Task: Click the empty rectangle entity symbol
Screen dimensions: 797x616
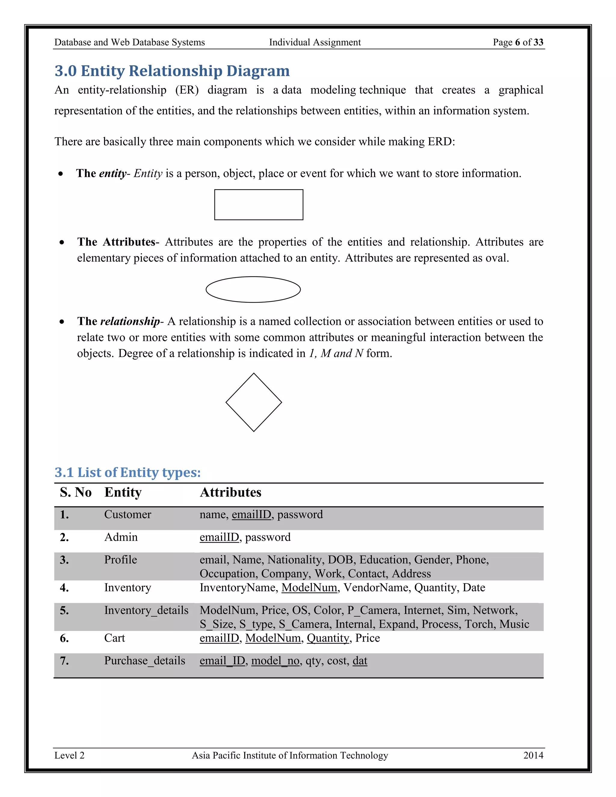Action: coord(258,205)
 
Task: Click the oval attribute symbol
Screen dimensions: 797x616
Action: coord(253,289)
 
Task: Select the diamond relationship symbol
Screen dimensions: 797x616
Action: coord(254,402)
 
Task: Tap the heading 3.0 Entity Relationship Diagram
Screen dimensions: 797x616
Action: coord(172,71)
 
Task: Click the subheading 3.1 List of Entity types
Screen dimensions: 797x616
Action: coord(128,472)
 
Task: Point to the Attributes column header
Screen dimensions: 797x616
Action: coord(230,492)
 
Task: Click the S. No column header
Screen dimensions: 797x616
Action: coord(75,492)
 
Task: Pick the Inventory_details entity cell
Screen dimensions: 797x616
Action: coord(146,611)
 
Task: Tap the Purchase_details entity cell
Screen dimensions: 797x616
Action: coord(144,661)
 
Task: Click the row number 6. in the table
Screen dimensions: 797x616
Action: coord(64,638)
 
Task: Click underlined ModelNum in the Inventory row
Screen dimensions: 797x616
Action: coord(309,588)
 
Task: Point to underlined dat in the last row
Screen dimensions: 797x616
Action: coord(360,661)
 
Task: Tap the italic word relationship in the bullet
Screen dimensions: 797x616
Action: coord(130,322)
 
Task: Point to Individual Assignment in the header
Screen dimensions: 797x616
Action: coord(315,42)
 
